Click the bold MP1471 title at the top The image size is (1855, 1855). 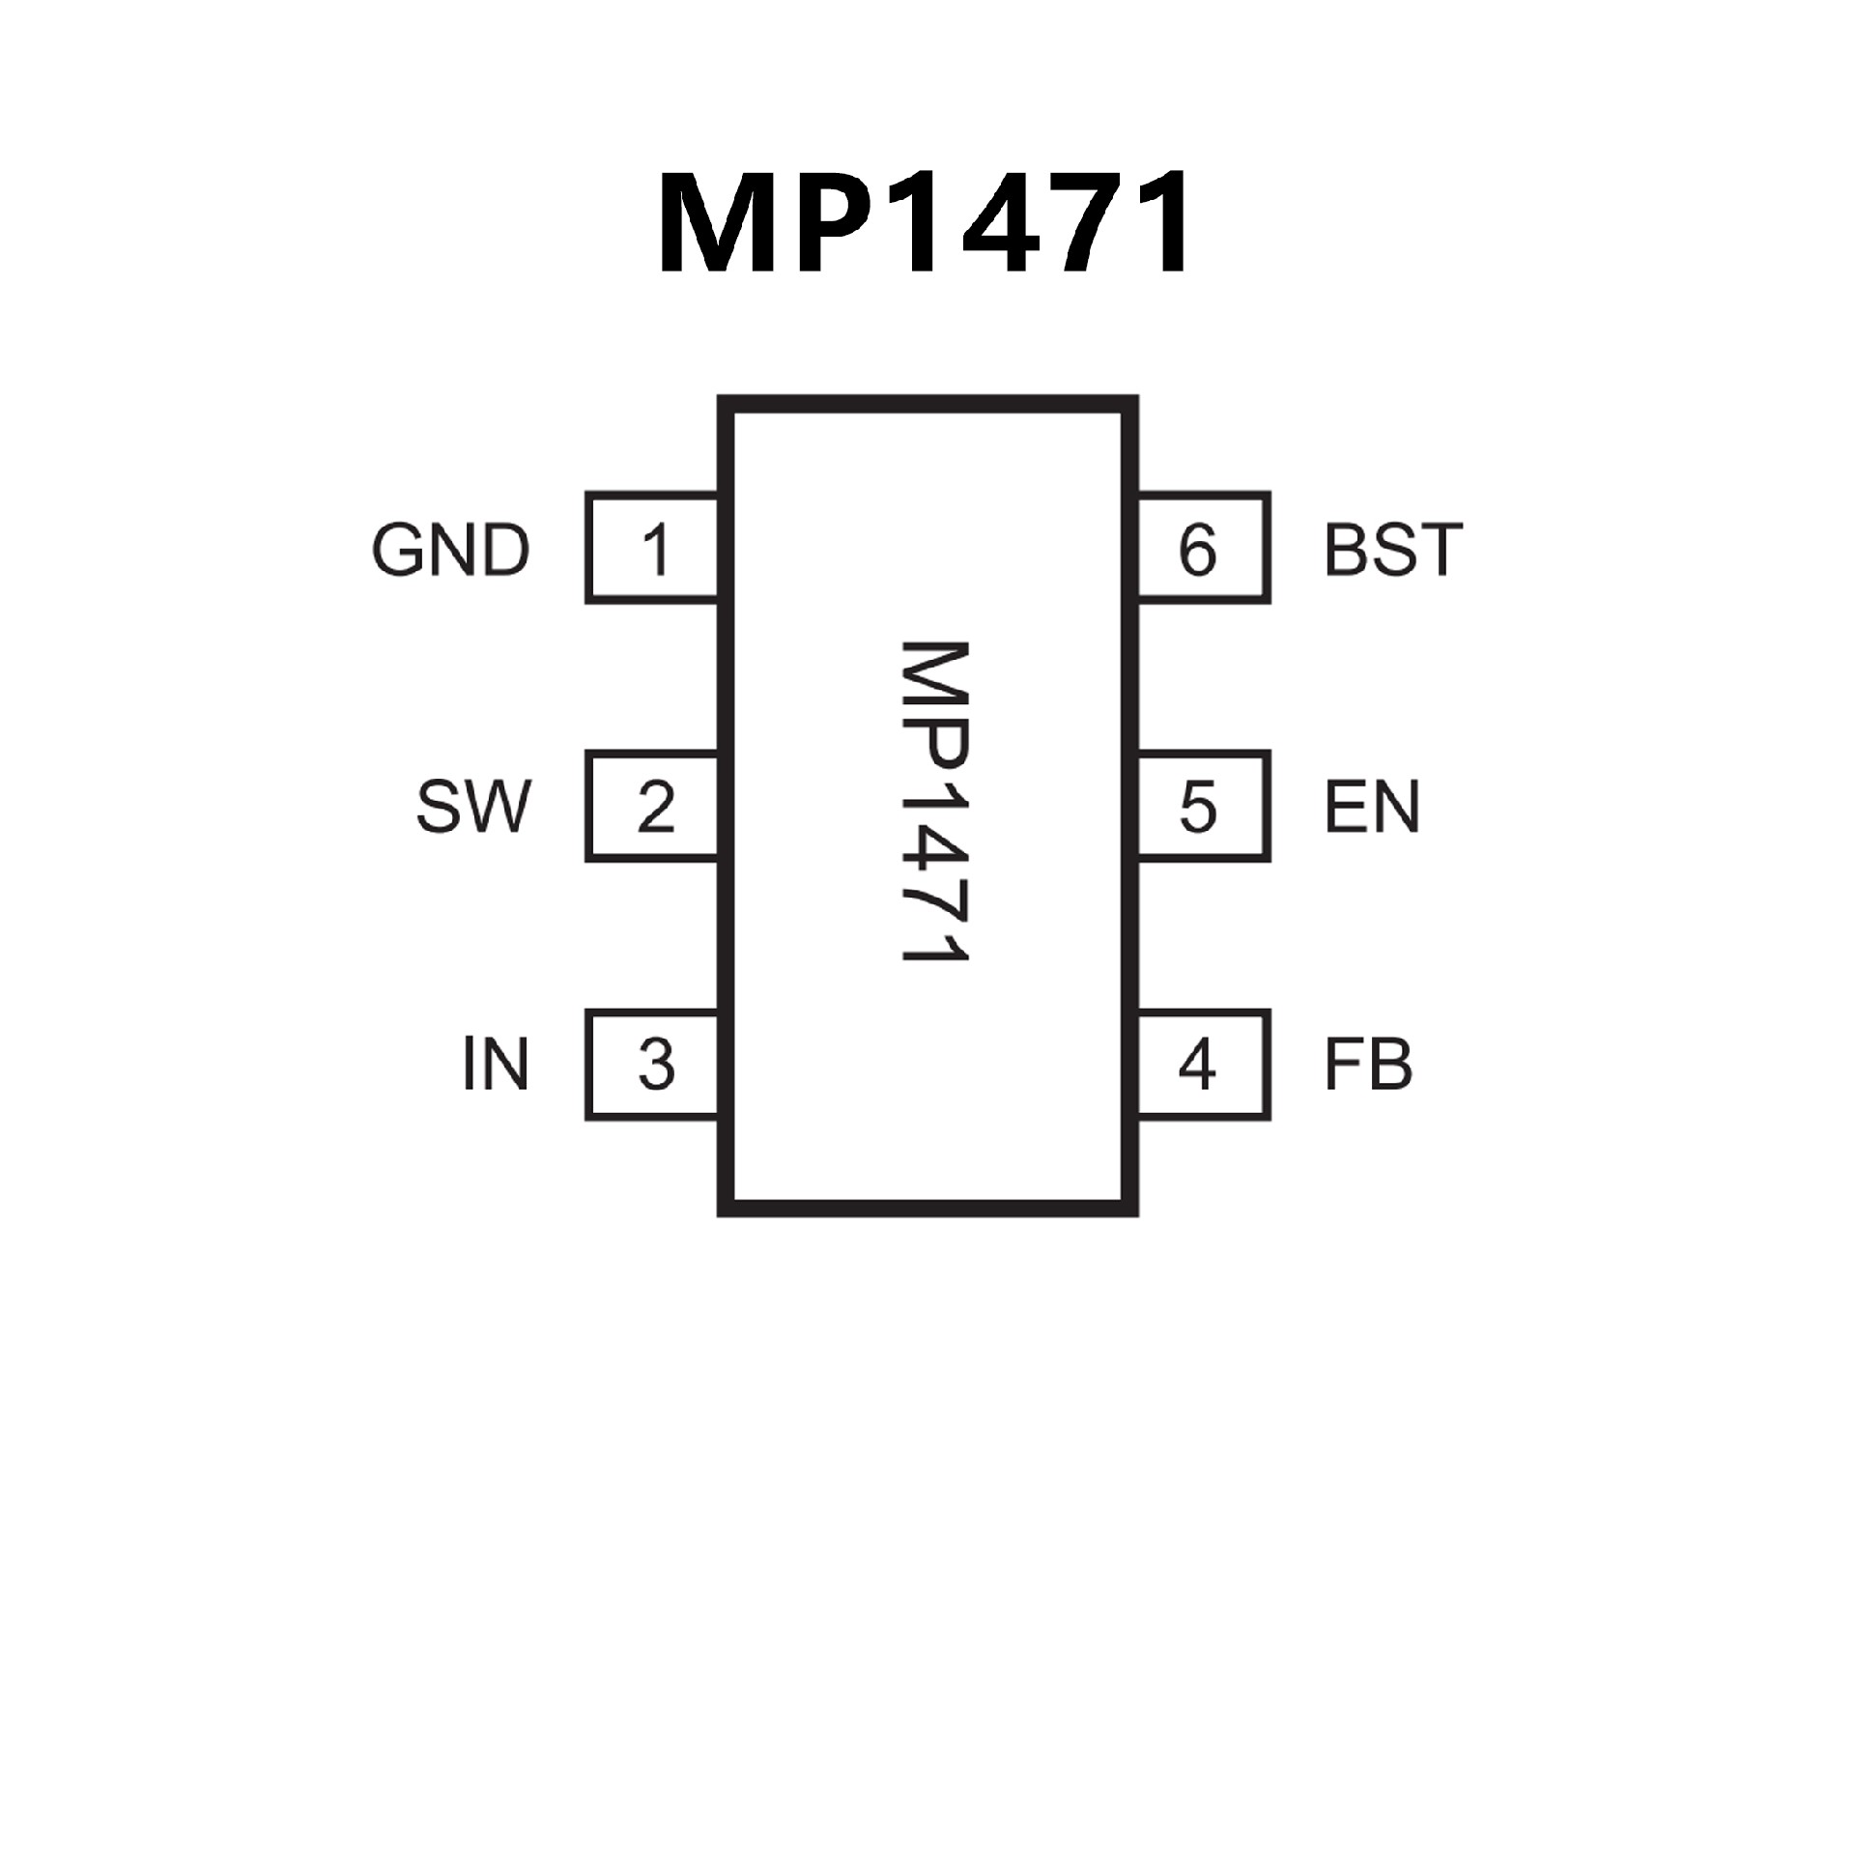[x=925, y=223]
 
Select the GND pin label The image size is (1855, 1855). [x=451, y=550]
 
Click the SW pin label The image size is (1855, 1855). [x=473, y=808]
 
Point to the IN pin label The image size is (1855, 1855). [x=496, y=1065]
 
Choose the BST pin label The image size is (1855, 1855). [x=1393, y=550]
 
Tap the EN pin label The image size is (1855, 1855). [x=1372, y=808]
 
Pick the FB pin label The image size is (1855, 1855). [x=1368, y=1065]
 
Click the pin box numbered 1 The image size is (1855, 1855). [x=654, y=548]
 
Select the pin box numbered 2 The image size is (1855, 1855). [x=654, y=807]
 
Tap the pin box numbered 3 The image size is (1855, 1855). [x=654, y=1065]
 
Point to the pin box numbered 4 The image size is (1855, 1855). [x=1202, y=1065]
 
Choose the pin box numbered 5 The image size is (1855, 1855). [x=1202, y=807]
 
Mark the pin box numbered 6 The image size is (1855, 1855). [x=1202, y=548]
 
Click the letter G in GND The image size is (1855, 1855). [x=397, y=550]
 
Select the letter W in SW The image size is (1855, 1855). [x=497, y=808]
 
